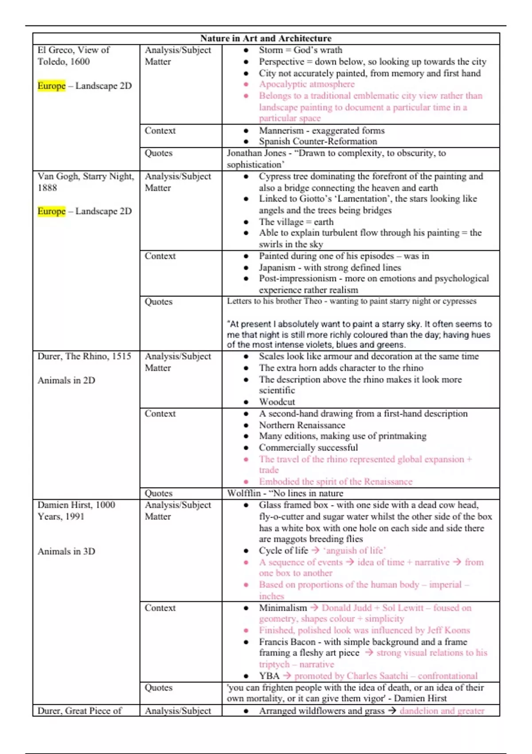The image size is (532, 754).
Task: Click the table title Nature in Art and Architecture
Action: tap(266, 39)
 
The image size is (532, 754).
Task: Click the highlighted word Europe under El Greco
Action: tap(51, 86)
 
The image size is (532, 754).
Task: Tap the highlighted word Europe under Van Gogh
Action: tap(51, 211)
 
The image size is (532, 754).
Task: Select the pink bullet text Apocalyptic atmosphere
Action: tap(307, 84)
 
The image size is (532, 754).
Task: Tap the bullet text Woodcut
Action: tap(277, 402)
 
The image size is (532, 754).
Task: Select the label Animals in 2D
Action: tap(66, 380)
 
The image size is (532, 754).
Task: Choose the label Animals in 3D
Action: tap(66, 551)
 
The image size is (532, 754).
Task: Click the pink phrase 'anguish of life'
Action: tap(354, 550)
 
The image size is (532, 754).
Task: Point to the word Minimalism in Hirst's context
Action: tap(283, 608)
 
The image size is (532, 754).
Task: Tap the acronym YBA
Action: tap(269, 676)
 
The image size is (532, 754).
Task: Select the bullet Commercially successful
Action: tap(309, 448)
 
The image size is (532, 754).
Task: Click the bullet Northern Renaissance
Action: tap(302, 425)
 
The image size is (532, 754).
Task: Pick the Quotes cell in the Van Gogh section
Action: tap(158, 302)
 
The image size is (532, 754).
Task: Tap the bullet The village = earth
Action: tap(296, 222)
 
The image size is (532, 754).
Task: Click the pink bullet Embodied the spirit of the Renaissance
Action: tap(336, 482)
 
